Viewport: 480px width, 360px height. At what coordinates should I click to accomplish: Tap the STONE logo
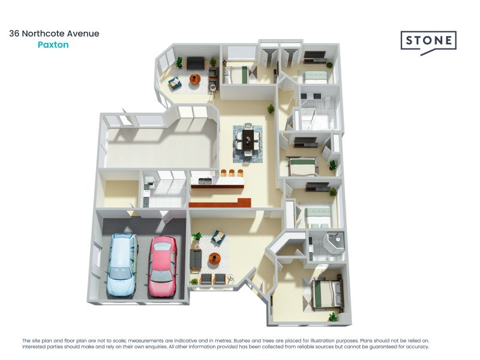tap(428, 41)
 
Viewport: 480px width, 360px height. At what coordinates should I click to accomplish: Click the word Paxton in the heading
tap(53, 44)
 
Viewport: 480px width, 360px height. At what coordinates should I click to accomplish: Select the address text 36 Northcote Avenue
tap(54, 34)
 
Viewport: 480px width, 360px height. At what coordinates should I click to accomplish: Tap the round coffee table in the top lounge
tap(195, 79)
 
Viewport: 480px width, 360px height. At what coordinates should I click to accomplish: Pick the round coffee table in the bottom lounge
tap(214, 259)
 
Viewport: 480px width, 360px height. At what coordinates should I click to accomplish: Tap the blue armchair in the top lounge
tap(175, 83)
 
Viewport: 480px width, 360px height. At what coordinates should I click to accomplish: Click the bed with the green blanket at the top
tap(240, 75)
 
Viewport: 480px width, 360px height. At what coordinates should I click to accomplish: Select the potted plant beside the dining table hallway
tap(271, 109)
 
